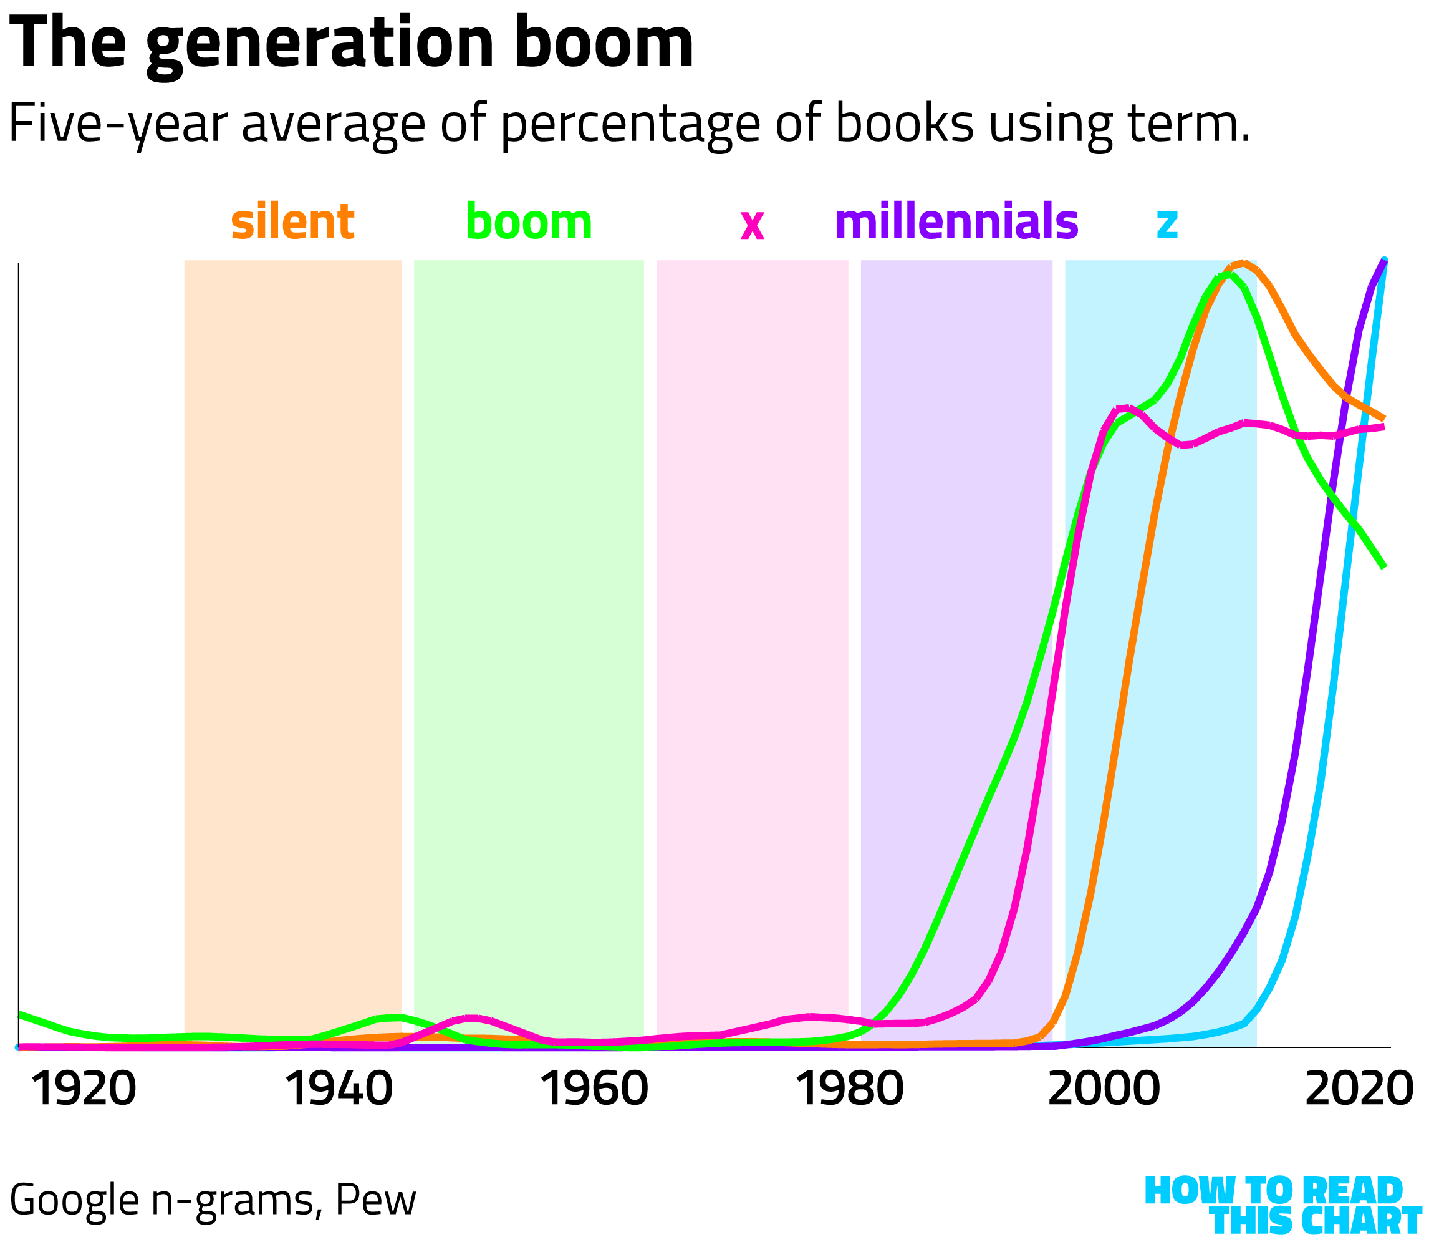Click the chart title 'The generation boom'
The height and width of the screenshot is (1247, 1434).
351,43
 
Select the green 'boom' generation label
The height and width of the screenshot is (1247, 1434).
529,222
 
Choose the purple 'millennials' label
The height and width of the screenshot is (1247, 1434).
956,222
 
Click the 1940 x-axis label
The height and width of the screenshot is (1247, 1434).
339,1089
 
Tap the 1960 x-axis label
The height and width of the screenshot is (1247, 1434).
595,1089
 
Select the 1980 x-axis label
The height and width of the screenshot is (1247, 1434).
849,1089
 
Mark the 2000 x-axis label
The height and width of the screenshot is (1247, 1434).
1104,1089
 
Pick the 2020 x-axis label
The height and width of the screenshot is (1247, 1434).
1359,1089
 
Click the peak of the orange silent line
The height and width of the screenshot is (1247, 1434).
1243,263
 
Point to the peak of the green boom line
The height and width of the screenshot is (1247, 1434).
1229,275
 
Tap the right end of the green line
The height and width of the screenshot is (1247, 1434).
1385,567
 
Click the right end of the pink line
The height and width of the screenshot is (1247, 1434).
1385,427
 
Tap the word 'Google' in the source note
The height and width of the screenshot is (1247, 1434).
74,1200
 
